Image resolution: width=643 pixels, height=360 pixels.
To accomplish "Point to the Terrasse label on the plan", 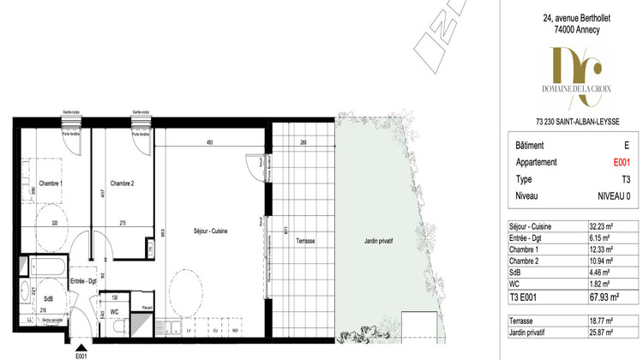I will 304,242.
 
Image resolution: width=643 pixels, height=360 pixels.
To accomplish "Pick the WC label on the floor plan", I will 114,313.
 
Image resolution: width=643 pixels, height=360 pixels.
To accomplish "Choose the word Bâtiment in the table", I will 531,147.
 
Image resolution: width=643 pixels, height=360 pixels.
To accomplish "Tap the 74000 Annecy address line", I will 571,29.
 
